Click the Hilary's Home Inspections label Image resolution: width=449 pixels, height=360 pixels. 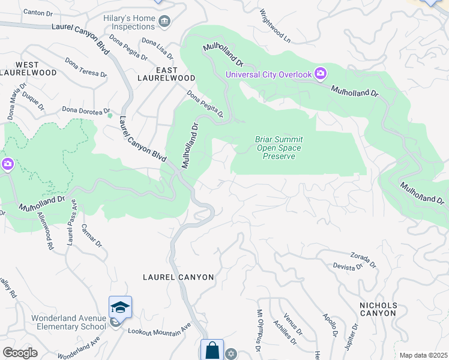tap(128, 22)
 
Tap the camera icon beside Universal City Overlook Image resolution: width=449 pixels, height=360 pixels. tap(321, 74)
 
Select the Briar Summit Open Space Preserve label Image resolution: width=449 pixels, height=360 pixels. tap(279, 148)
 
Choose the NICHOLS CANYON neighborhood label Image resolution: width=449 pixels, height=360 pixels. tap(378, 309)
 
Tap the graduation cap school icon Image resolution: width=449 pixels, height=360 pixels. tap(120, 307)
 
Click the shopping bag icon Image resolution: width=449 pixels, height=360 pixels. tap(212, 350)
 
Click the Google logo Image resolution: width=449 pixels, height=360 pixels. tap(20, 353)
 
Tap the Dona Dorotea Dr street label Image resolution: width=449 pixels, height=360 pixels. tap(87, 110)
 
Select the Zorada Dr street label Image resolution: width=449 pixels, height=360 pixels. tap(363, 259)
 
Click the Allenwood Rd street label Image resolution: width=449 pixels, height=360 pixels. tap(45, 231)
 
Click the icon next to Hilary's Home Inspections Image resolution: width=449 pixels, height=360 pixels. tap(164, 22)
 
